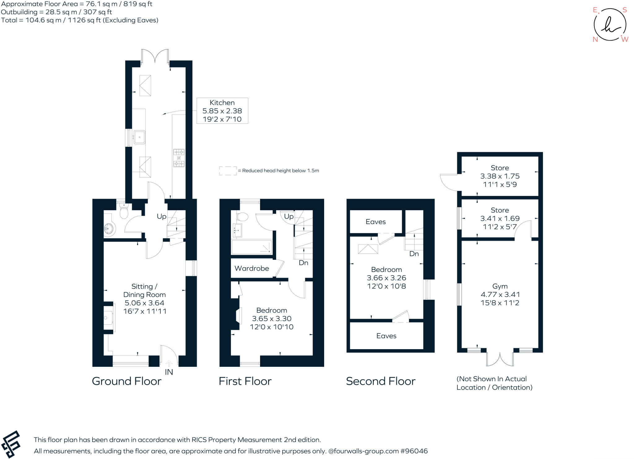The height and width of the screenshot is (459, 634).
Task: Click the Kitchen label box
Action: pos(222,111)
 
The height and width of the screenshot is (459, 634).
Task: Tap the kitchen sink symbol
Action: pos(139,137)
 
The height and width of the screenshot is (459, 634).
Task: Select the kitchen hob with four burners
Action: pos(179,158)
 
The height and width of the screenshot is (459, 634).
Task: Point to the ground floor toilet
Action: pos(124,211)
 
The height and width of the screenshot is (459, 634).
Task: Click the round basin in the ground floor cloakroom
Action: pos(109,229)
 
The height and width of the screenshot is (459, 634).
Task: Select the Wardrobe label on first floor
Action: pos(252,268)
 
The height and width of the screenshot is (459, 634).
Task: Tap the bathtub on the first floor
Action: pos(251,247)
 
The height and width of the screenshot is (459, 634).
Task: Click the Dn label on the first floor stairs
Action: pos(303,263)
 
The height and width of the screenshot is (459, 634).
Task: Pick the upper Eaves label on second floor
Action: pos(376,222)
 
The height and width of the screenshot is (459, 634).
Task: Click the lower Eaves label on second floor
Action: pos(386,336)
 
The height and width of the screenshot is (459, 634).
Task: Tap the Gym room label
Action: pos(500,286)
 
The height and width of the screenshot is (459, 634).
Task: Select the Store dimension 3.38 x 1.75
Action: pos(500,176)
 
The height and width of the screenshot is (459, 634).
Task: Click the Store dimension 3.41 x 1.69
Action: pos(500,219)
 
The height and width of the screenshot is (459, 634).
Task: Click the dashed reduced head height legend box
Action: pos(228,171)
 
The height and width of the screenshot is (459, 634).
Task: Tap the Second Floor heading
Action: pos(380,381)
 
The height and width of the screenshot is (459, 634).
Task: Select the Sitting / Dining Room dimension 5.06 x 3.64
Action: pos(144,303)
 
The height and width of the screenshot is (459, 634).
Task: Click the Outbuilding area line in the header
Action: pos(56,12)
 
